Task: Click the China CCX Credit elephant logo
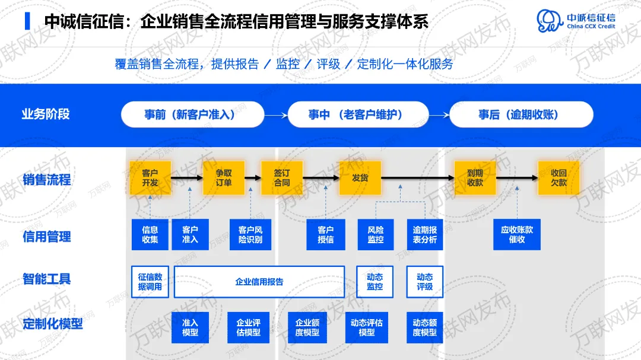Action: click(550, 21)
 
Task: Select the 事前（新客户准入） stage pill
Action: click(192, 114)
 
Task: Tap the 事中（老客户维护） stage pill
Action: click(358, 114)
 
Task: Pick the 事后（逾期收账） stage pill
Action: click(521, 114)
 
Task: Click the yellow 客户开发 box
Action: click(150, 178)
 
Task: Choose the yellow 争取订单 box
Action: click(224, 178)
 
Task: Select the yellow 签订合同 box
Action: click(282, 178)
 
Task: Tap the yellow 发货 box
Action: click(360, 178)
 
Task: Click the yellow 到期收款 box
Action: click(475, 178)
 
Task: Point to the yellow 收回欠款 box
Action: click(559, 178)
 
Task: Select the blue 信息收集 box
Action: click(150, 234)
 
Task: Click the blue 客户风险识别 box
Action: click(250, 234)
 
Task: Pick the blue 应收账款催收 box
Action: click(517, 234)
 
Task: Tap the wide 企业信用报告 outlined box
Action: click(259, 282)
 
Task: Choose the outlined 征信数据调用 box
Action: click(150, 282)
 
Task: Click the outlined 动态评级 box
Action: click(424, 282)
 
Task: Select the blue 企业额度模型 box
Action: click(307, 327)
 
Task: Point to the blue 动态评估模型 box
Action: click(367, 327)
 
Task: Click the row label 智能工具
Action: click(46, 279)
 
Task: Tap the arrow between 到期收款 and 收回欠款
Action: click(516, 178)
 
